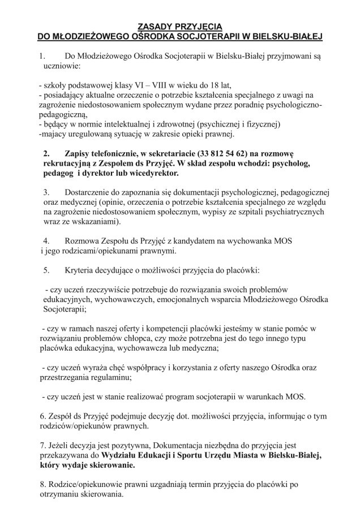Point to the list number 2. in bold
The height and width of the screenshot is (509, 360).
47,153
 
